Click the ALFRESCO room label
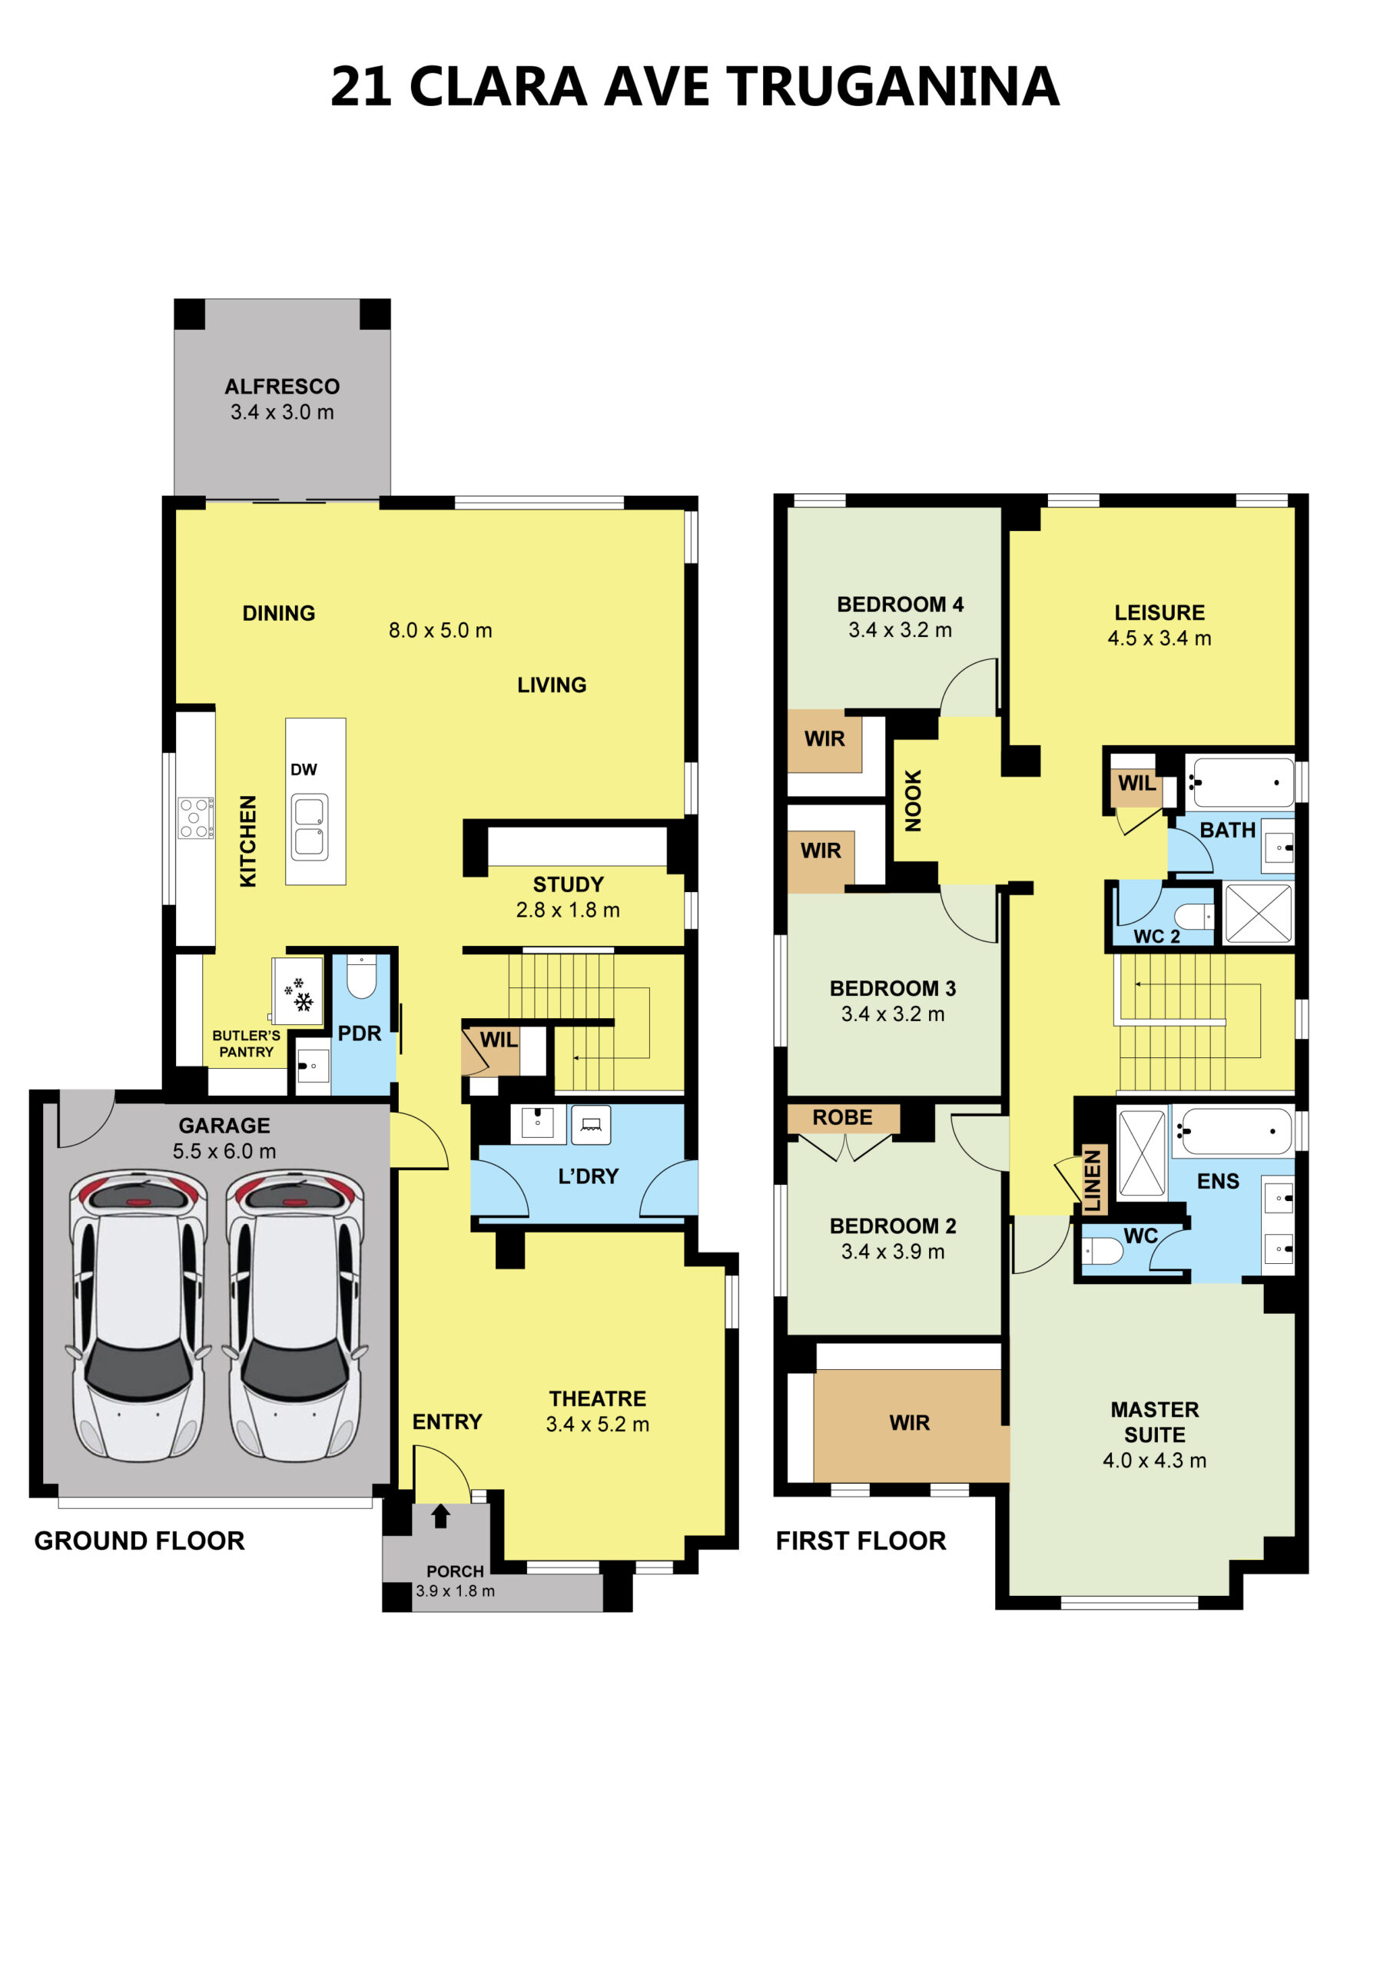click(282, 386)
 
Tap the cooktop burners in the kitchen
click(195, 818)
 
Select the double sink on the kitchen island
click(310, 827)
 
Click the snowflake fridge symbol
click(299, 993)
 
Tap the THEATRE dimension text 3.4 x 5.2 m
click(597, 1424)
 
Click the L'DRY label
click(588, 1176)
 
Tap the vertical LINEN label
click(1093, 1179)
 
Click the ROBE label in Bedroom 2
click(842, 1117)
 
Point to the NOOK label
click(914, 800)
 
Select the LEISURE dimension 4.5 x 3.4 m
click(1159, 638)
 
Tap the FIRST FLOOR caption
click(861, 1541)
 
